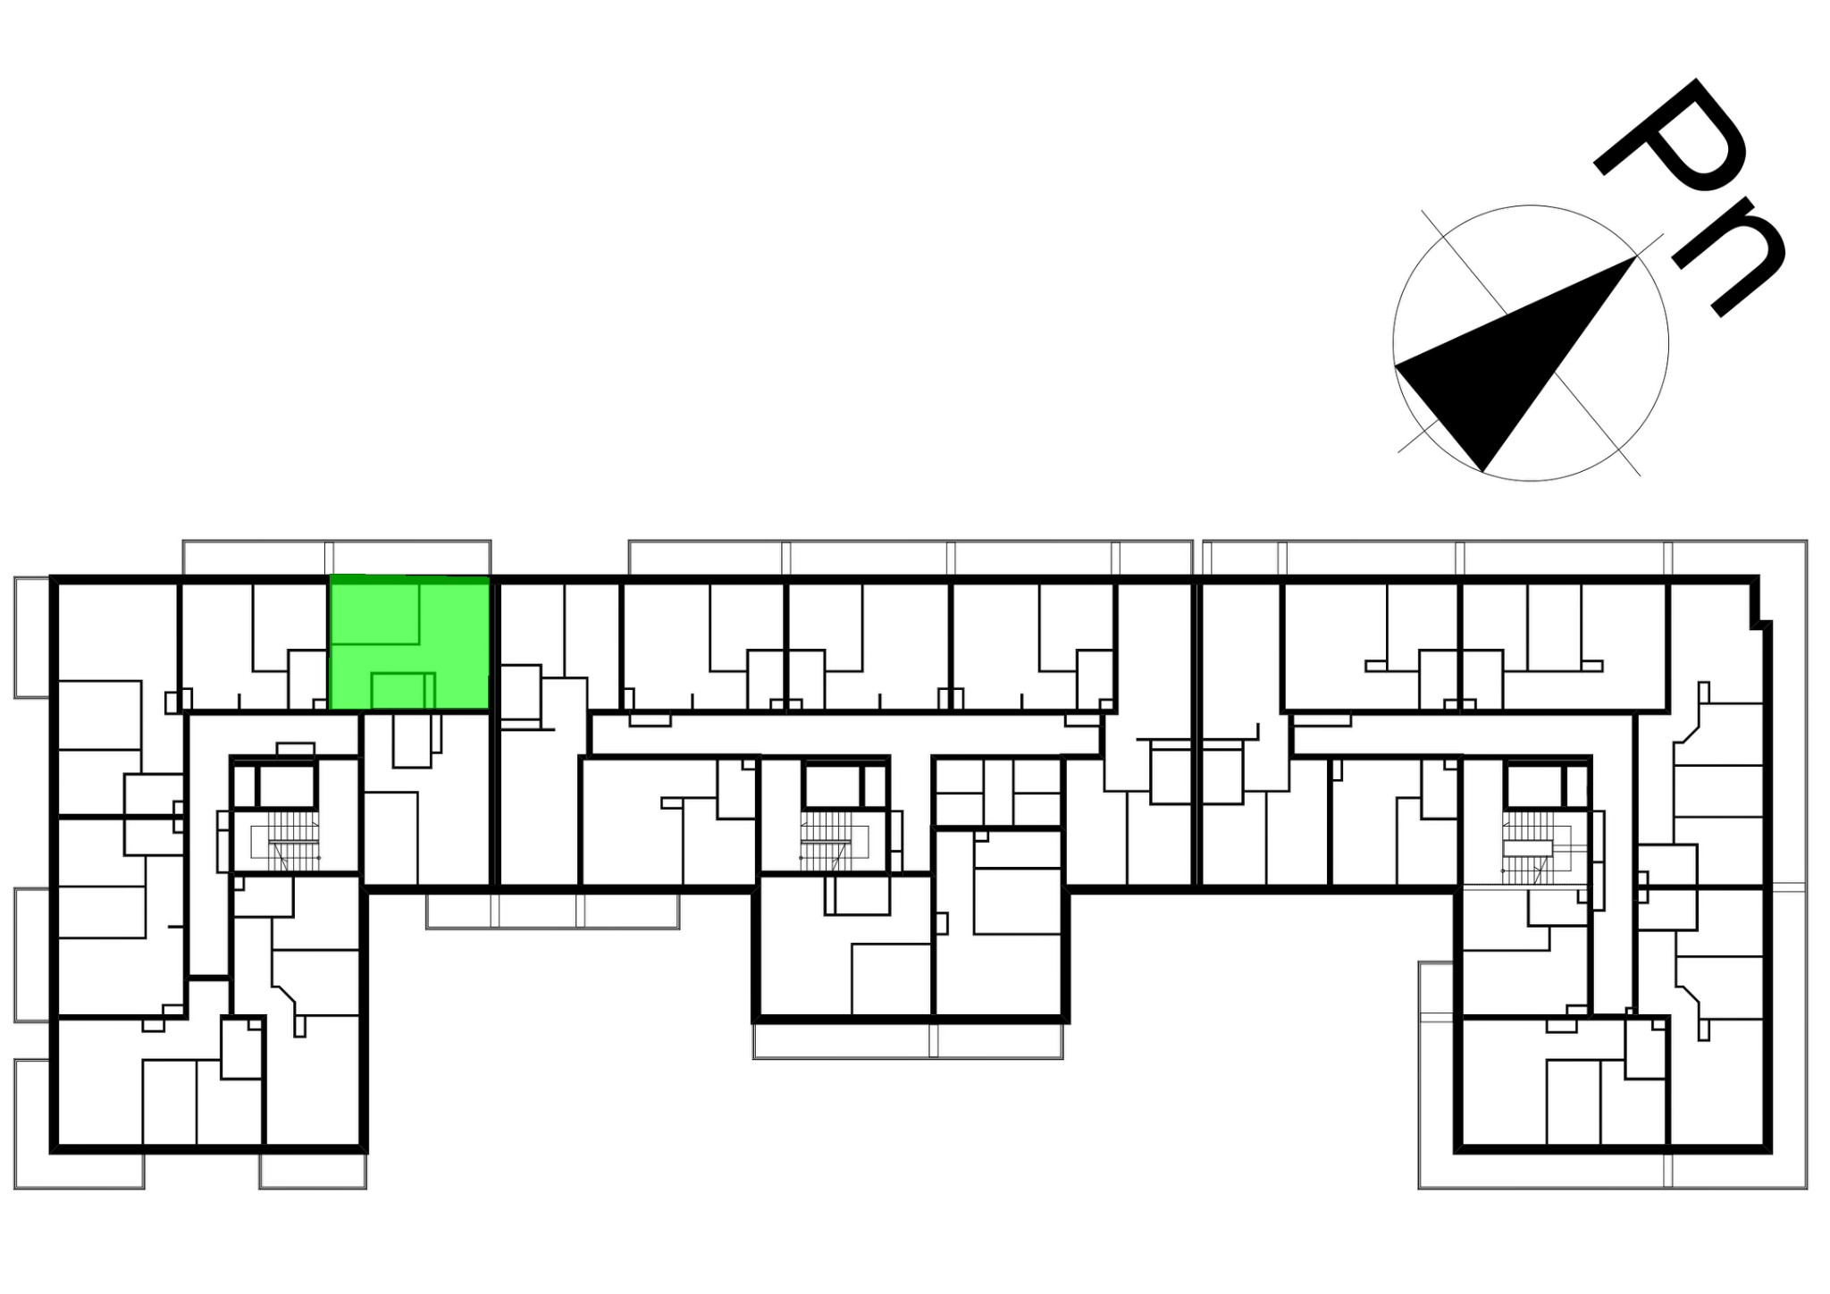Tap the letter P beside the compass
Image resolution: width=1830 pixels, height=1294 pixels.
[1671, 143]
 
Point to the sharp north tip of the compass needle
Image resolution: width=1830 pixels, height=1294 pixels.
[1635, 257]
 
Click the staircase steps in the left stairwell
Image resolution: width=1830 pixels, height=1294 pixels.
[293, 840]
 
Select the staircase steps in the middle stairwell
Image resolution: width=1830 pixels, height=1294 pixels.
[826, 840]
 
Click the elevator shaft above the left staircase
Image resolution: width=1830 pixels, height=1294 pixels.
[288, 786]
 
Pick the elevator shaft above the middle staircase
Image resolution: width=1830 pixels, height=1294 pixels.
[831, 786]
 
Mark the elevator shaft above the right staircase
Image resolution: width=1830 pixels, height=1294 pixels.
[1532, 786]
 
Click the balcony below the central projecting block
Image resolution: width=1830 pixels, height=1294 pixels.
[908, 1041]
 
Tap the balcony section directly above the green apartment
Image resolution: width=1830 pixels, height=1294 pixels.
[410, 558]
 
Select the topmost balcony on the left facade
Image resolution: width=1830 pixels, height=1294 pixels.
[32, 637]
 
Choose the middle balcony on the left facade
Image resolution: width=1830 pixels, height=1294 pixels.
[32, 954]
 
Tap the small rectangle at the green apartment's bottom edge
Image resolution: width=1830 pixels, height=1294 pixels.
[399, 691]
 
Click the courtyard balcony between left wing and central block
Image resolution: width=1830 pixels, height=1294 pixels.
[552, 911]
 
